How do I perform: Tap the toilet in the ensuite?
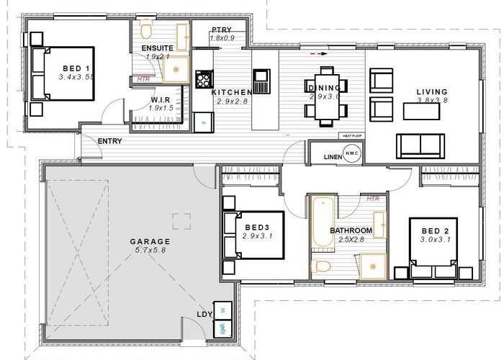(146, 30)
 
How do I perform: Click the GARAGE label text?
(150, 242)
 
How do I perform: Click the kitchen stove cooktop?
(203, 78)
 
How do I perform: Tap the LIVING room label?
(432, 92)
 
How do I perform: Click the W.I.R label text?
(160, 99)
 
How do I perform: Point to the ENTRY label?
(109, 141)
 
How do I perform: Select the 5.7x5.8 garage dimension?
(150, 251)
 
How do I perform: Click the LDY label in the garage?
(204, 314)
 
